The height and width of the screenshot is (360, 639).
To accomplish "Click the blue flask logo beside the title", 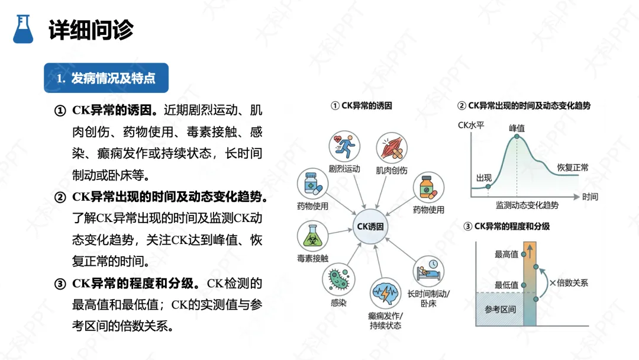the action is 23,28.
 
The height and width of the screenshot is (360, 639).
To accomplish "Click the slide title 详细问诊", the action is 91,30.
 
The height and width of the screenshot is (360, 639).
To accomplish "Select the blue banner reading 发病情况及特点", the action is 106,78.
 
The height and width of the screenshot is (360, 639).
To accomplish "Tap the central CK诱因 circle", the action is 370,226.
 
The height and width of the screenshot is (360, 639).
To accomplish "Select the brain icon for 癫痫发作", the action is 385,293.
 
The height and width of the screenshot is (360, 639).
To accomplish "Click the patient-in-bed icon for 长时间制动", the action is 429,270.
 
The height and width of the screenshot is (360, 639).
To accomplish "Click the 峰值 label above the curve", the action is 517,128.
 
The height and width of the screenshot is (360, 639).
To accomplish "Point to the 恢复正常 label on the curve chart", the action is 572,168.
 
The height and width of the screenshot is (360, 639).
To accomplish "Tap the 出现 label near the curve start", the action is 484,177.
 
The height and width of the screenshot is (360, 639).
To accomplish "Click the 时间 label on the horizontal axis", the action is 590,197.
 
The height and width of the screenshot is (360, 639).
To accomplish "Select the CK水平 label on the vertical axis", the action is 471,125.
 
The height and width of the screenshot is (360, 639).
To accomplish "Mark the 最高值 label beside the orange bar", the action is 506,254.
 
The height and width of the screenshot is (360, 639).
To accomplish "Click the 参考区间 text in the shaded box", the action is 500,309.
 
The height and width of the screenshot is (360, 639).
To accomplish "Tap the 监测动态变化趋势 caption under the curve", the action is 527,205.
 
